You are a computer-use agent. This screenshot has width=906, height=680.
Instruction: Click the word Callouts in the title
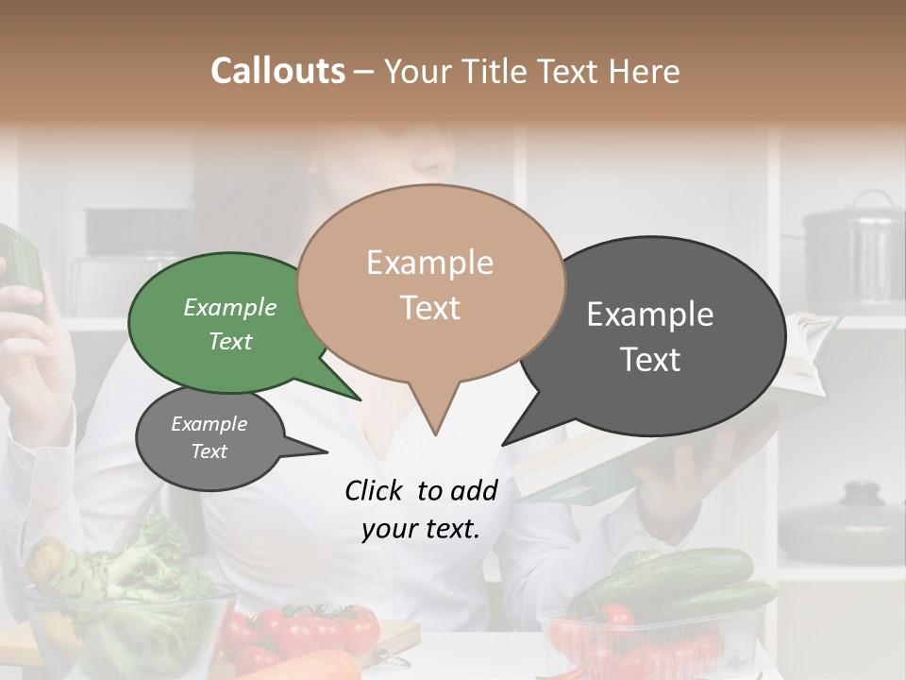click(277, 71)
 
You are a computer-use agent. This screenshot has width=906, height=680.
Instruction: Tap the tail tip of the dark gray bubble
click(503, 444)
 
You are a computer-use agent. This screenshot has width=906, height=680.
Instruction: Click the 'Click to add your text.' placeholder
click(420, 510)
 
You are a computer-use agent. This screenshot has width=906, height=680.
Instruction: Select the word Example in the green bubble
click(230, 308)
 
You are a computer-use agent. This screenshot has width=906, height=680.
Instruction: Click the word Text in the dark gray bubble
click(651, 360)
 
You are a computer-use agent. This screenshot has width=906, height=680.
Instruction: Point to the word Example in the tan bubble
click(429, 263)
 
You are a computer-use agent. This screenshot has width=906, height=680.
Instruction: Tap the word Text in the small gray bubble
click(210, 451)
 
